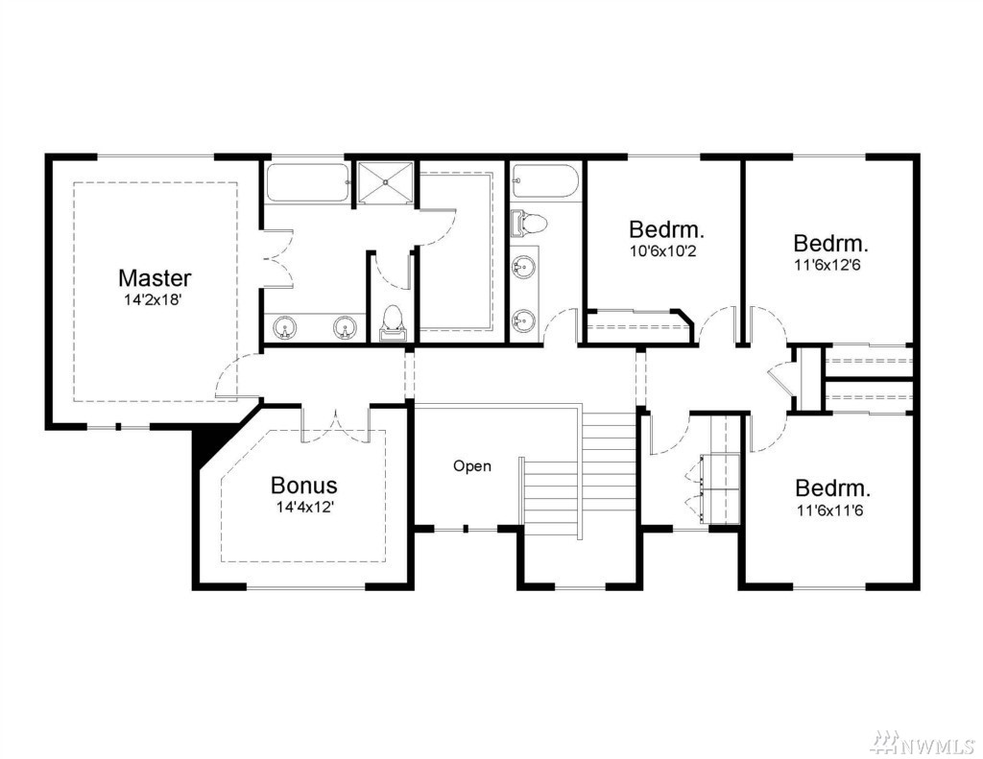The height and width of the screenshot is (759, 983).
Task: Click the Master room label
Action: coord(155,277)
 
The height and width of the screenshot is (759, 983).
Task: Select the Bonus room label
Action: coord(304,485)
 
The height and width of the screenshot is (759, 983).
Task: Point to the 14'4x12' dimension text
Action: coord(304,507)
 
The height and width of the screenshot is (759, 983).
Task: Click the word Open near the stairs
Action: coord(472,466)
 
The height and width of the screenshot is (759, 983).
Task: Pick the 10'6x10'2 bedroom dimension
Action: coord(663,251)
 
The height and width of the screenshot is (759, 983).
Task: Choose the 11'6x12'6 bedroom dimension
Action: coord(827,265)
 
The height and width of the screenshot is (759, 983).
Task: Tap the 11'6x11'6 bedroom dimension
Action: coord(830,510)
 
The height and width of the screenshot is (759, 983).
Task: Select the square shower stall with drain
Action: coord(386,182)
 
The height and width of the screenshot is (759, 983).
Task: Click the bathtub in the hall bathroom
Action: coord(543,181)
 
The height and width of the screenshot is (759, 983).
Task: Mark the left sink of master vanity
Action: coord(286,327)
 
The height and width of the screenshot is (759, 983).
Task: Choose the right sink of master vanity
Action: coord(345,327)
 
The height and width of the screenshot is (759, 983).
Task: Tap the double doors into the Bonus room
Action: coord(336,427)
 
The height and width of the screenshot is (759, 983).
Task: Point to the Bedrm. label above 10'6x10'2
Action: coord(666,229)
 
